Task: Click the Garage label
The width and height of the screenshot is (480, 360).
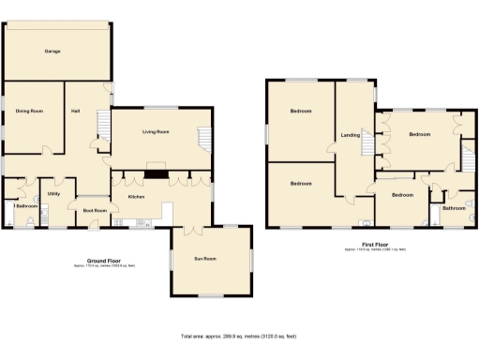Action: pyautogui.click(x=52, y=51)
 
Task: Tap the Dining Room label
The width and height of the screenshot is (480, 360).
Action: pyautogui.click(x=30, y=112)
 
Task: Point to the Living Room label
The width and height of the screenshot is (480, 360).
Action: pyautogui.click(x=156, y=132)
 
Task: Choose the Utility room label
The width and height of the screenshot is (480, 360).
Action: pyautogui.click(x=54, y=194)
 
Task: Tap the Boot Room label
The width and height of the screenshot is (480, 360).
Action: pyautogui.click(x=95, y=211)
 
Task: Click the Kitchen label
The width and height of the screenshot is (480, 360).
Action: pyautogui.click(x=136, y=197)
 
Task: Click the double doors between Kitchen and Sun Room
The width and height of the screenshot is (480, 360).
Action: pyautogui.click(x=191, y=229)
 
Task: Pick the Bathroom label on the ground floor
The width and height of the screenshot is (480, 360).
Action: pyautogui.click(x=26, y=205)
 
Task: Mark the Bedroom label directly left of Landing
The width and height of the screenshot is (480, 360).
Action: pyautogui.click(x=301, y=112)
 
